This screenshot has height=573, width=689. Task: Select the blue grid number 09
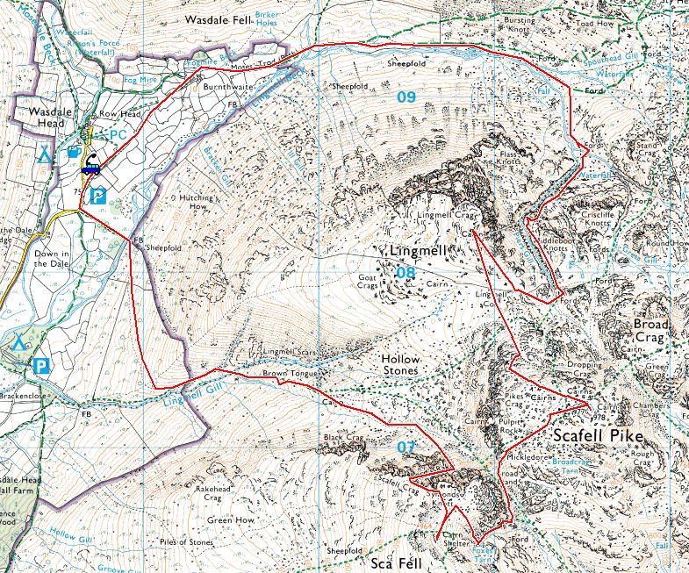pos(406,97)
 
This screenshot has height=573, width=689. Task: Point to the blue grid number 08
pos(406,274)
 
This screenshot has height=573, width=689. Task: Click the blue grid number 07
pos(406,448)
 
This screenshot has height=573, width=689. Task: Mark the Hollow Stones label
pos(401,366)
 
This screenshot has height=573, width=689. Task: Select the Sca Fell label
pos(391,562)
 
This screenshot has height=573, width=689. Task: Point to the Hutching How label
pos(192,203)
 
